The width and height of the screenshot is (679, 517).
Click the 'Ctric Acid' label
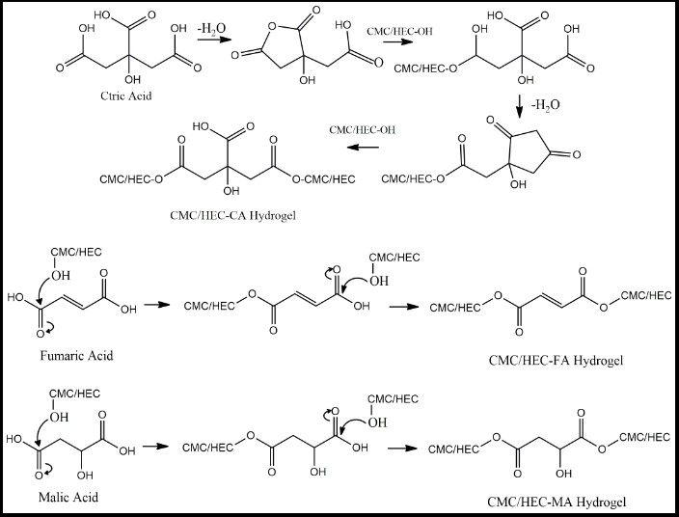(x=126, y=95)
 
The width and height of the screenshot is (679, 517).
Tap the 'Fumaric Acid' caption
(x=76, y=356)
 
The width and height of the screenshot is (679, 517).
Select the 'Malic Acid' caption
(x=68, y=497)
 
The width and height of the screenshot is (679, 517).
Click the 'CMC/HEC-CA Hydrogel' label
(x=233, y=215)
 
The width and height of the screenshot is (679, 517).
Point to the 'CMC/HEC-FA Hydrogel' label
(x=556, y=360)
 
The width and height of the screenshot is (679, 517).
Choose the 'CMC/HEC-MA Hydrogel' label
(x=557, y=502)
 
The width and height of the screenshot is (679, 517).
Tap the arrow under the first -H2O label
(x=212, y=40)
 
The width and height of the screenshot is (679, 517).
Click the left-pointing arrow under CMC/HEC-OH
(x=363, y=148)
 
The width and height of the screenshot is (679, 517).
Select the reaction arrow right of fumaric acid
(x=157, y=305)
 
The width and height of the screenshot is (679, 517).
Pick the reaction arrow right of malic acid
(x=155, y=446)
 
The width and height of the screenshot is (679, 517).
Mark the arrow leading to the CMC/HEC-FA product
(x=404, y=307)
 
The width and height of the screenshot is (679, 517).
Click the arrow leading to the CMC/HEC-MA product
(x=403, y=448)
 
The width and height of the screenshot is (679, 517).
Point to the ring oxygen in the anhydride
(x=272, y=27)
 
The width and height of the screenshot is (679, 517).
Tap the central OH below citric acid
(x=132, y=80)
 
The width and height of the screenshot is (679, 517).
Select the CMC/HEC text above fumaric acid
(x=76, y=252)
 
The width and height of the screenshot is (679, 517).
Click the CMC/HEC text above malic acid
(x=74, y=394)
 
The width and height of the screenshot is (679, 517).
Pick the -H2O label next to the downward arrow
(x=545, y=105)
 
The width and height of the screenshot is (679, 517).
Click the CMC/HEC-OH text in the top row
(x=399, y=31)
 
